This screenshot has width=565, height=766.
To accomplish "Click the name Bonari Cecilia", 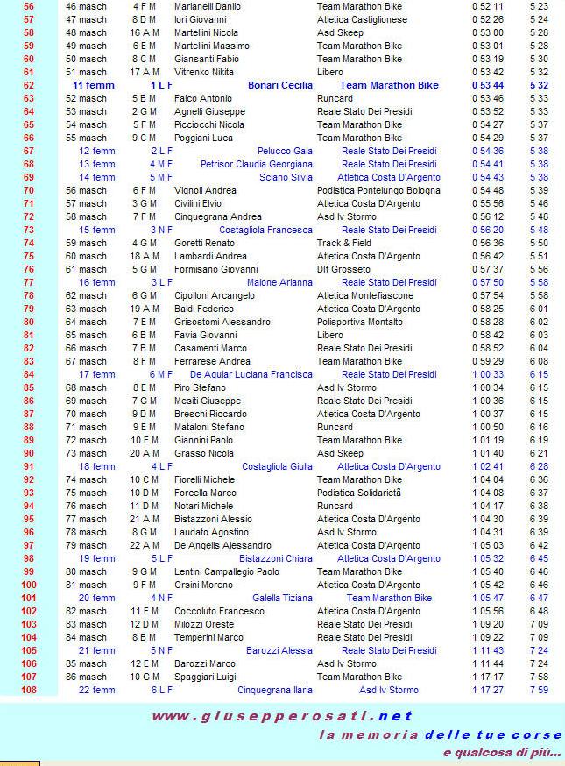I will [280, 85].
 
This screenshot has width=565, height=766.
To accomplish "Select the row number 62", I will [29, 85].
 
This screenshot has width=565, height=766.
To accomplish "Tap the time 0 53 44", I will [488, 85].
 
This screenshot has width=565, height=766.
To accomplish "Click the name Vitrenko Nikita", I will [204, 72].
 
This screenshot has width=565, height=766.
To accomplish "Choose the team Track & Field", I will [345, 243].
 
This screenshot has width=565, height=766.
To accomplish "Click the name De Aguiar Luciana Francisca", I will [251, 374].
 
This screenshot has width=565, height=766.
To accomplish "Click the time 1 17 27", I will [488, 690].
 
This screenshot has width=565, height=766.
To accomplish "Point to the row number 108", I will [29, 690].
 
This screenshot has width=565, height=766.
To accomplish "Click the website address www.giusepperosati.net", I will [281, 716].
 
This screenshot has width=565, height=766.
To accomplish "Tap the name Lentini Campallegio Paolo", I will [227, 571].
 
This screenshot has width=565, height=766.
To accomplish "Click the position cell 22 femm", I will [97, 690].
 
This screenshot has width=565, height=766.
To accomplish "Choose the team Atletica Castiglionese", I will [362, 19].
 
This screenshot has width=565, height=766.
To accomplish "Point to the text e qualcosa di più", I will [502, 752].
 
